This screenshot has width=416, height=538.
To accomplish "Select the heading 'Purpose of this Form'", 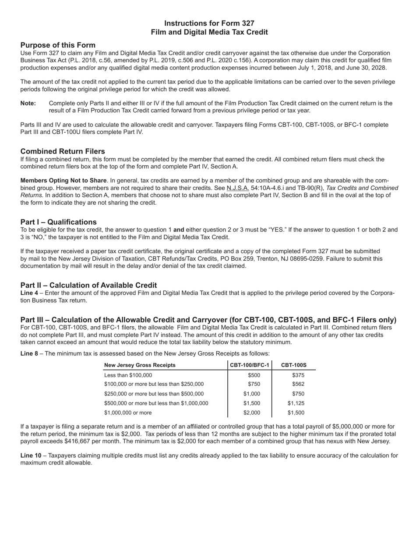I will click(58, 45).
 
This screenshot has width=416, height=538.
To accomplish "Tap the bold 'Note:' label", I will click(28, 103).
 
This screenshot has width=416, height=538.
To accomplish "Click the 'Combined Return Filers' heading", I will click(63, 151).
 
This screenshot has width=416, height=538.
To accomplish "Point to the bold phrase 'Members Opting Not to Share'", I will click(63, 180).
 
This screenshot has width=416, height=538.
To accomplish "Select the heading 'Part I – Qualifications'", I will click(58, 222).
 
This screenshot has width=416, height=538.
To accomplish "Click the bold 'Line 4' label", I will click(29, 293).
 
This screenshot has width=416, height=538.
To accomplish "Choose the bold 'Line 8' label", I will click(29, 353).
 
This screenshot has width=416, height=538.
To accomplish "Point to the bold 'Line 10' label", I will click(31, 455).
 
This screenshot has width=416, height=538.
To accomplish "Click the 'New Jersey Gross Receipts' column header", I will click(140, 365).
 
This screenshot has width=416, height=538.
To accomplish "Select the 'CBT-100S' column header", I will click(294, 365).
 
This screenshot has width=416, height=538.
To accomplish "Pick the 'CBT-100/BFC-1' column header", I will click(250, 365).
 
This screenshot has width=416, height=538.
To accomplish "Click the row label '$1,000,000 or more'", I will click(128, 412).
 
